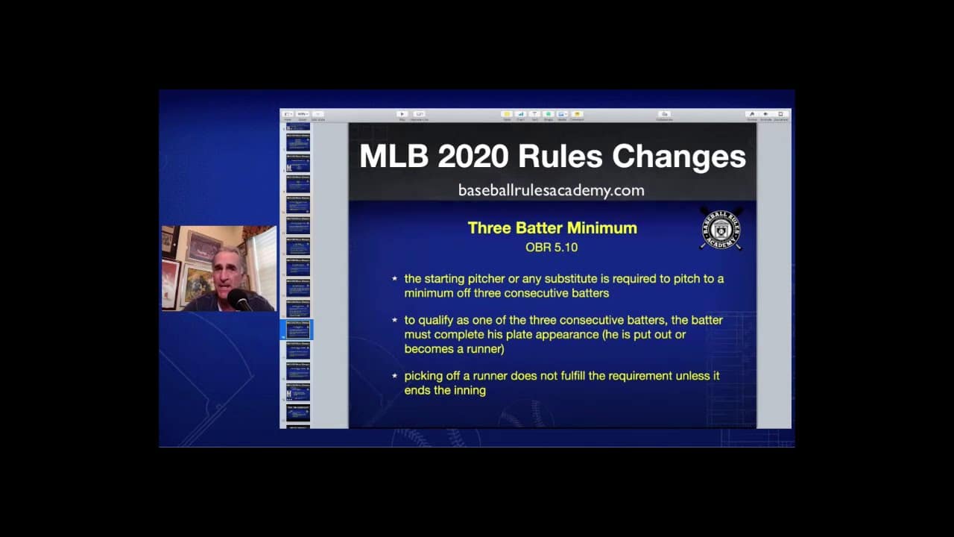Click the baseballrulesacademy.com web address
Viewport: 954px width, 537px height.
[552, 190]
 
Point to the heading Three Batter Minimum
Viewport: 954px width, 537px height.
[552, 228]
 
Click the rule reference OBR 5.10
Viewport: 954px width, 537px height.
[552, 247]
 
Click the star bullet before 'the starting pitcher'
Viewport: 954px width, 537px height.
[395, 279]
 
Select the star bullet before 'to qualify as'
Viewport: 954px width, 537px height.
[395, 320]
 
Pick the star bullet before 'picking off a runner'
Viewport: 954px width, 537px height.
[395, 376]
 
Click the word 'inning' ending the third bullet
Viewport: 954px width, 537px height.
[470, 390]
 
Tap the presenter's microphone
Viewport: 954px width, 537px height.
[238, 298]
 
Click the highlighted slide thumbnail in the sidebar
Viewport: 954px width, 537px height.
[298, 329]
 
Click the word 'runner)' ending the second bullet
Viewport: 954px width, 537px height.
[484, 348]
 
